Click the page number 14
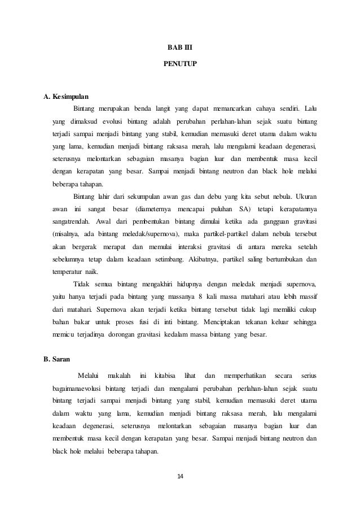point(180,477)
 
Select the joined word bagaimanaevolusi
point(76,390)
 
